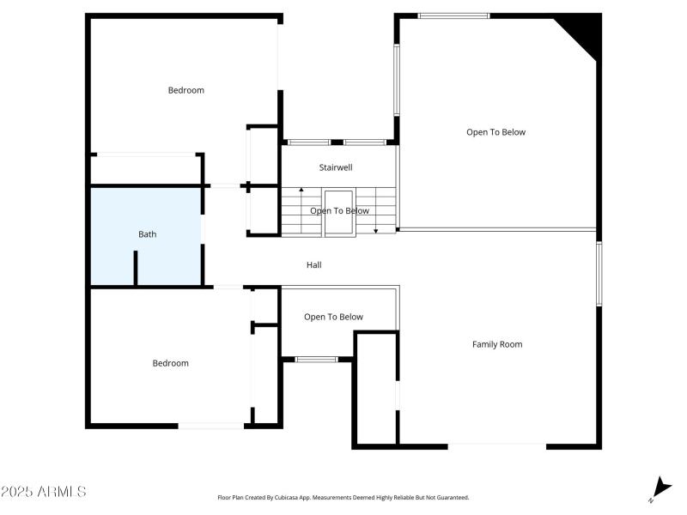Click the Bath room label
148,233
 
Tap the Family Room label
497,344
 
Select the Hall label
314,265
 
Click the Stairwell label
336,167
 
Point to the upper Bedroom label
185,90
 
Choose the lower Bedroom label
170,363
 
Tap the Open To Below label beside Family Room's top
495,132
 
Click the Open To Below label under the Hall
333,317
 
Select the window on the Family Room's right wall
599,273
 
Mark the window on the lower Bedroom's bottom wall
210,425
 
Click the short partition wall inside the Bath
136,267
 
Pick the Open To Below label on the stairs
339,210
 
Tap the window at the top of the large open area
453,15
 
